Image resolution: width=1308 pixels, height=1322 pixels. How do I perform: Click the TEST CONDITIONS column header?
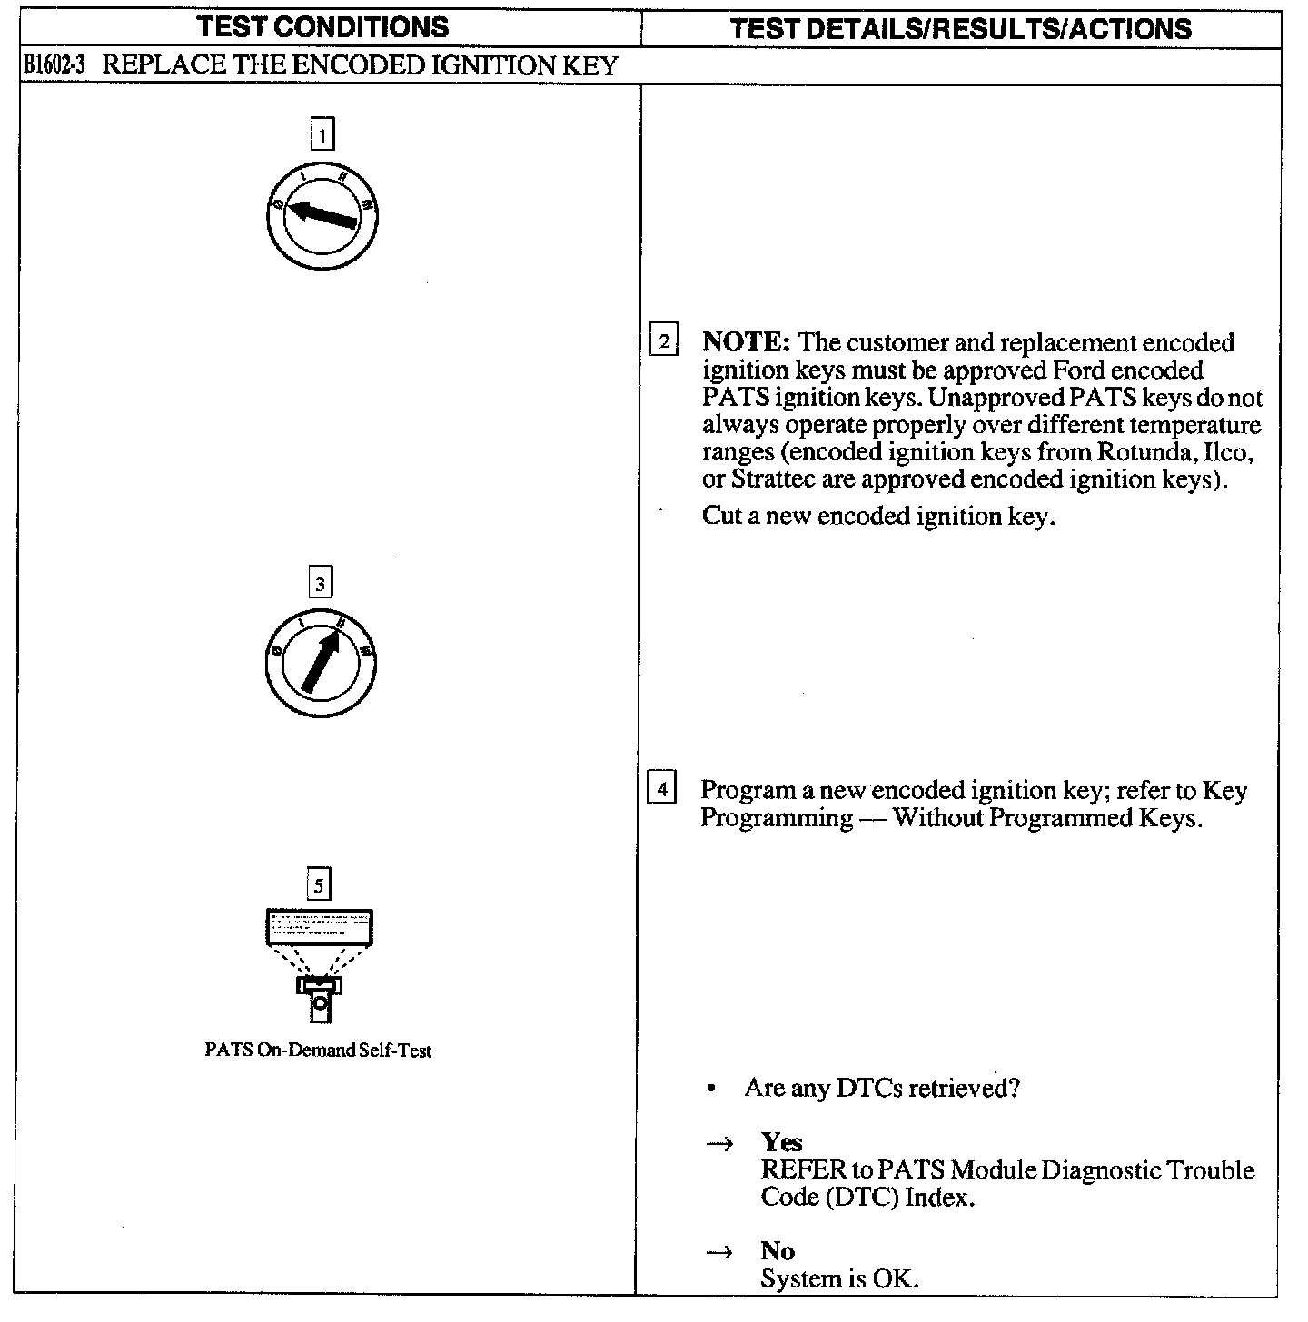tap(323, 27)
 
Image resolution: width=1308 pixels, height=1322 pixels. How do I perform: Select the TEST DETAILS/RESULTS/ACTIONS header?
tap(961, 28)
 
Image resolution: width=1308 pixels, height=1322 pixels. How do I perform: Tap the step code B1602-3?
tap(54, 66)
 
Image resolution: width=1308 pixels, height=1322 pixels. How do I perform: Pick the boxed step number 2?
tap(664, 342)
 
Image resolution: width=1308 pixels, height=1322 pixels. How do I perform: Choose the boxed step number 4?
tap(661, 789)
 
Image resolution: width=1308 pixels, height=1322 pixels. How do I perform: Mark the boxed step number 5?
tap(318, 884)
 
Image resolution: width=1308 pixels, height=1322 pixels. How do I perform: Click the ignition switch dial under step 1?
tap(322, 217)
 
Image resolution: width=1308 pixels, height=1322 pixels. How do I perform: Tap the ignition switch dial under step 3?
tap(321, 663)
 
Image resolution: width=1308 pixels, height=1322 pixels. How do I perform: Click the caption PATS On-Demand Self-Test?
tap(318, 1051)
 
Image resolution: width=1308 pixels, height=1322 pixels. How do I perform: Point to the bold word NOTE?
tap(747, 343)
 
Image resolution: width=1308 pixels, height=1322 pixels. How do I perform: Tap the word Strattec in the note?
tap(774, 479)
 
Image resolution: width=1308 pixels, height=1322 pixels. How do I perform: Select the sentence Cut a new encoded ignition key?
tap(878, 517)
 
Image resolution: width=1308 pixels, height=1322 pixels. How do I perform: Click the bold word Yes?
tap(782, 1142)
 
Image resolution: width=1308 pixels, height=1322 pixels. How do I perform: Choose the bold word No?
tap(778, 1251)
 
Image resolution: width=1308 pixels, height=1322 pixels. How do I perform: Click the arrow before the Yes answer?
tap(718, 1144)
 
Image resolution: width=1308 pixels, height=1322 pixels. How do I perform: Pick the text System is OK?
tap(840, 1279)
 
